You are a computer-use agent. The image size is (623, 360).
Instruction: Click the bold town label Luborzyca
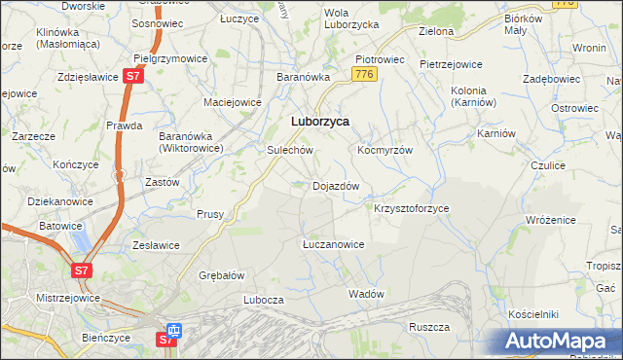pyautogui.click(x=321, y=122)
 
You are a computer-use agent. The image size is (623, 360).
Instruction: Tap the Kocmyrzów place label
pyautogui.click(x=385, y=151)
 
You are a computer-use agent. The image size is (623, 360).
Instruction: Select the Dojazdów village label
pyautogui.click(x=336, y=185)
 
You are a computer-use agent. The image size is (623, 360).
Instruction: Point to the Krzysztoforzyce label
pyautogui.click(x=412, y=208)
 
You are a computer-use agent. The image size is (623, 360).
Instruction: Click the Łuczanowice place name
pyautogui.click(x=333, y=244)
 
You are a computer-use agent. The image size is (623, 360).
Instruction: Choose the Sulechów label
pyautogui.click(x=289, y=151)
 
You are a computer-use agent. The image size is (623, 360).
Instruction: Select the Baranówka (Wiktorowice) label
pyautogui.click(x=192, y=142)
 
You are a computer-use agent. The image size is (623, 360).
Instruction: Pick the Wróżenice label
pyautogui.click(x=555, y=221)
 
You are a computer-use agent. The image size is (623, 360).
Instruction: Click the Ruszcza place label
pyautogui.click(x=428, y=327)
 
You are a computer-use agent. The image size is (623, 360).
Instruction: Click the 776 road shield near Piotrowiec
pyautogui.click(x=364, y=75)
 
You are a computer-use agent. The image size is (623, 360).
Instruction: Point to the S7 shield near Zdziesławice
pyautogui.click(x=134, y=76)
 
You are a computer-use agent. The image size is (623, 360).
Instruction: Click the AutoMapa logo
pyautogui.click(x=560, y=341)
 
